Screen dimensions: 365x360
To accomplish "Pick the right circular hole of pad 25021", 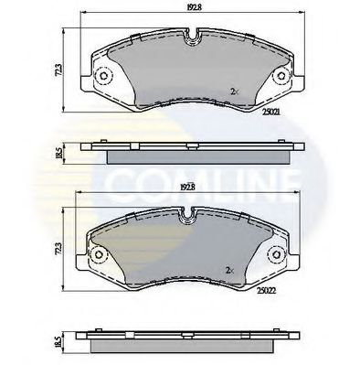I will tap(273, 77).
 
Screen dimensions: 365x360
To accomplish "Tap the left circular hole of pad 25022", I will tap(99, 254).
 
